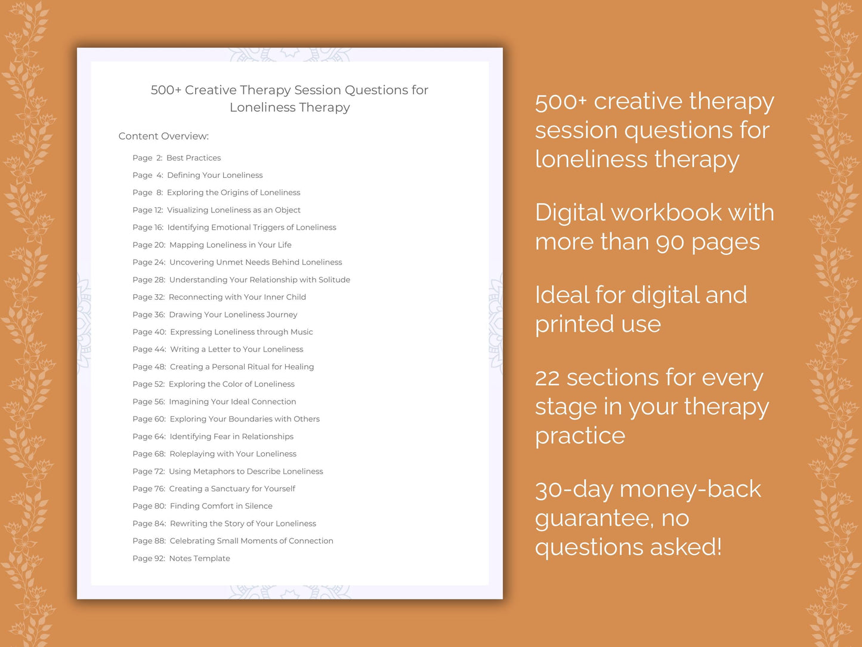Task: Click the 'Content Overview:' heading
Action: pyautogui.click(x=163, y=136)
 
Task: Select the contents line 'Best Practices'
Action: pyautogui.click(x=193, y=158)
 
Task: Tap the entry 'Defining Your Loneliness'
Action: pyautogui.click(x=215, y=175)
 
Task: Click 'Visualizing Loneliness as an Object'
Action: pyautogui.click(x=233, y=210)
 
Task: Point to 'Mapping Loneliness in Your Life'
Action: pyautogui.click(x=230, y=245)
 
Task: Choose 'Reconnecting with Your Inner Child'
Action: pyautogui.click(x=237, y=297)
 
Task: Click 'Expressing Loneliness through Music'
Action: pyautogui.click(x=241, y=332)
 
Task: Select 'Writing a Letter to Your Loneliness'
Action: pyautogui.click(x=236, y=349)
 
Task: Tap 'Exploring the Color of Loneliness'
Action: pyautogui.click(x=231, y=384)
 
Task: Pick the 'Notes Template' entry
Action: pyautogui.click(x=199, y=559)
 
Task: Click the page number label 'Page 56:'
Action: pyautogui.click(x=149, y=402)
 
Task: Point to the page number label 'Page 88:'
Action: pyautogui.click(x=149, y=541)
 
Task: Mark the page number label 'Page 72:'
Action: pyautogui.click(x=149, y=472)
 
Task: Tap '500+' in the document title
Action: pyautogui.click(x=166, y=90)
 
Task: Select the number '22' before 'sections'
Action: pyautogui.click(x=547, y=378)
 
